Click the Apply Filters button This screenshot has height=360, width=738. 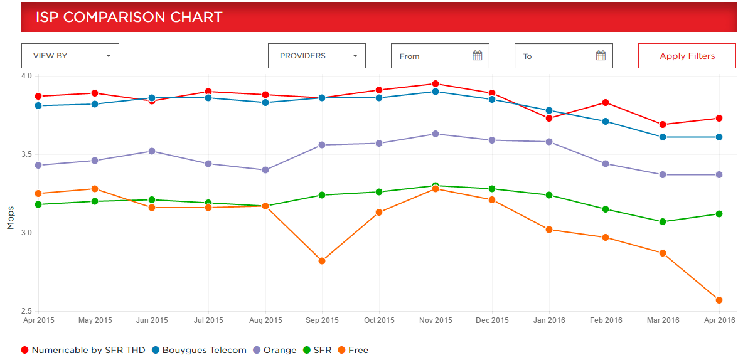[x=687, y=56]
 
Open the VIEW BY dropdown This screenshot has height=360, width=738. [x=70, y=56]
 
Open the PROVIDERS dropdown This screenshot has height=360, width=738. [x=316, y=56]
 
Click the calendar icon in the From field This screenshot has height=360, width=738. [x=477, y=56]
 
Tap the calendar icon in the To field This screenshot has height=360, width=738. [x=601, y=56]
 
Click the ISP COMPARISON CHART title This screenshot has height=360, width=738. [x=129, y=17]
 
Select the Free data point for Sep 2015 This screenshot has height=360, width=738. [x=322, y=261]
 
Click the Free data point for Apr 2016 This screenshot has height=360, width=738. [x=719, y=300]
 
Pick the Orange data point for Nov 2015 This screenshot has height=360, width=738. [x=436, y=134]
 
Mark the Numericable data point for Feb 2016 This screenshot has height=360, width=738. [x=606, y=102]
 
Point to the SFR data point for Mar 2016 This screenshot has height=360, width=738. [x=662, y=221]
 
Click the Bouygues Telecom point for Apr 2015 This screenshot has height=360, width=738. [x=38, y=105]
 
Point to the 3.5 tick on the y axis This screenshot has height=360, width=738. [x=26, y=154]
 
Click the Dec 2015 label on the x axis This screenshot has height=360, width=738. [x=493, y=320]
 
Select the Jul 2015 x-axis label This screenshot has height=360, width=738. [x=208, y=320]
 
